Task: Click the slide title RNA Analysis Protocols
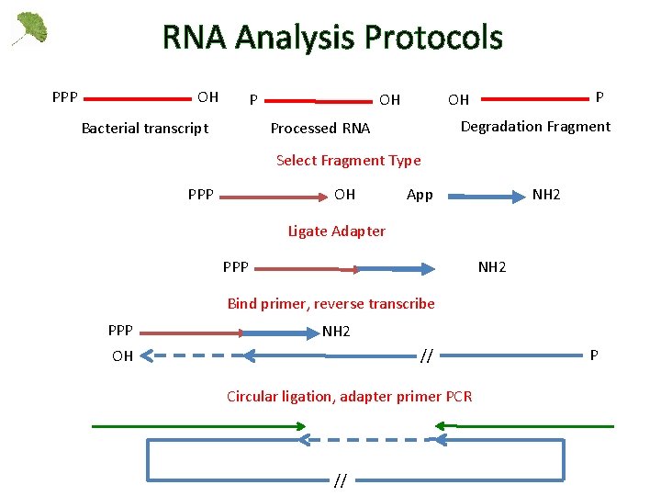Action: coord(332,38)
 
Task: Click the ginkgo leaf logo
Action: coord(29,28)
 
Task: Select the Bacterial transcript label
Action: coord(145,128)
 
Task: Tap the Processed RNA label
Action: coord(319,129)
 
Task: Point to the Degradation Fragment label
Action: coord(535,127)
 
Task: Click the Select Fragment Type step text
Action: coord(348,161)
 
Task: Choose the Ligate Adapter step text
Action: coord(336,231)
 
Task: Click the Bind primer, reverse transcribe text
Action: coord(330,303)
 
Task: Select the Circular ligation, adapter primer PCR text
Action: coord(349,396)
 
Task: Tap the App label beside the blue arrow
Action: coord(420,195)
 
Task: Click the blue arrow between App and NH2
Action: coord(482,195)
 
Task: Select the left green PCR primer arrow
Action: coord(197,426)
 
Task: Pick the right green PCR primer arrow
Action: coord(523,426)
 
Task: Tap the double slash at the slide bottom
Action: coord(340,480)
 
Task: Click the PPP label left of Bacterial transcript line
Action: coord(64,96)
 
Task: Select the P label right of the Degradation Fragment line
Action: coord(599,96)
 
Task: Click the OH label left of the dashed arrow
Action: coord(122,356)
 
